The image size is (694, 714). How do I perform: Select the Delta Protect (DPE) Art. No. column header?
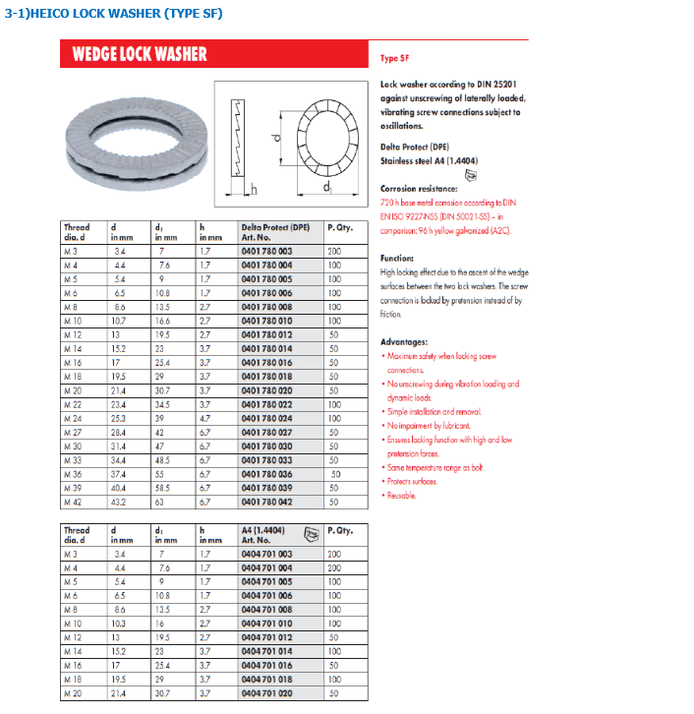click(x=275, y=232)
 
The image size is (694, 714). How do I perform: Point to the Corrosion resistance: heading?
click(x=418, y=188)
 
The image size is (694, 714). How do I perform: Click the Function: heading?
click(x=397, y=258)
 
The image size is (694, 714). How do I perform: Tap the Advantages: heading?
click(x=404, y=341)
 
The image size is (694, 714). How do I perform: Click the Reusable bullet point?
click(x=402, y=495)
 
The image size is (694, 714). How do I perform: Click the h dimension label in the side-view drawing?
click(x=254, y=189)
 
